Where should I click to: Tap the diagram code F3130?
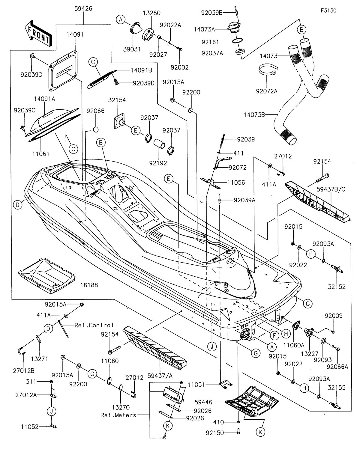coord(328,11)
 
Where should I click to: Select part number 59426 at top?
coord(83,9)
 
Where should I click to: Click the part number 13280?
coord(151,13)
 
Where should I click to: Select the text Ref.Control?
coord(90,325)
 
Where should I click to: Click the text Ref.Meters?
coord(118,415)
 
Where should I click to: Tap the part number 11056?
coord(236,182)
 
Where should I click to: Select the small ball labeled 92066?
coord(95,129)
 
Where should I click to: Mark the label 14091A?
coord(46,99)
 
